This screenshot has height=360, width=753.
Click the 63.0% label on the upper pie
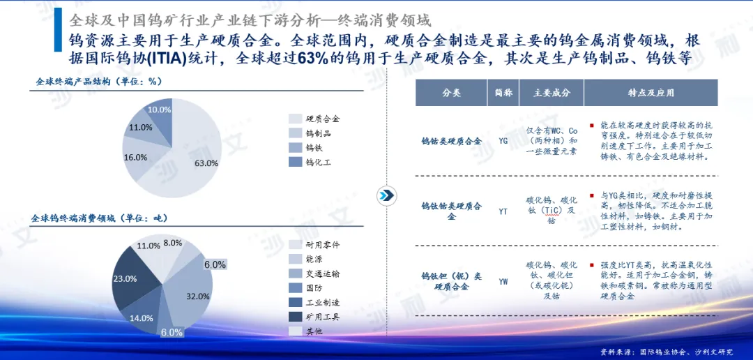point(206,163)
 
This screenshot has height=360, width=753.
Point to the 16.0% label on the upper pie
point(135,157)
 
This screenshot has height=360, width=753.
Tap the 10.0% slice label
point(160,110)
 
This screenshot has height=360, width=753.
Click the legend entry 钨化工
point(310,162)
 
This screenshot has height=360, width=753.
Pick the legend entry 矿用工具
point(314,317)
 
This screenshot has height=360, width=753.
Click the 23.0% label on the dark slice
point(124,278)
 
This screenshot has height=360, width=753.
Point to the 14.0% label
point(142,317)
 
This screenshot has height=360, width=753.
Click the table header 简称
point(502,93)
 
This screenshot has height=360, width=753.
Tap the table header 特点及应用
point(651,93)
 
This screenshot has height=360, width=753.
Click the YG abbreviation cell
point(503,142)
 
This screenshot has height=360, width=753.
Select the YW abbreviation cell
point(503,280)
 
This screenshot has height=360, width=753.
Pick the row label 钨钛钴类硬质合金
point(451,211)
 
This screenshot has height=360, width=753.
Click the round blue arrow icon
point(386,195)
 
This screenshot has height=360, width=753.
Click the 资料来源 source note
point(667,352)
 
